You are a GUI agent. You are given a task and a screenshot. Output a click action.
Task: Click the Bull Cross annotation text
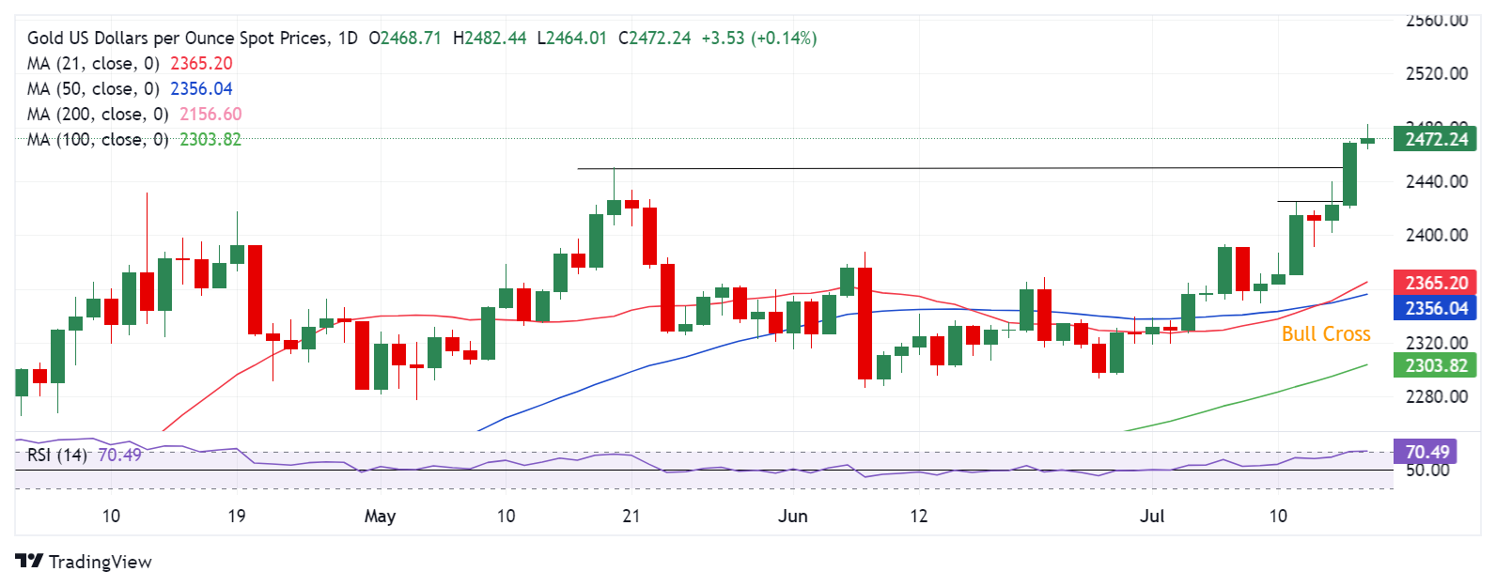1325,334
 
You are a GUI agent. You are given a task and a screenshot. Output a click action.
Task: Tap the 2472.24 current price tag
1435,140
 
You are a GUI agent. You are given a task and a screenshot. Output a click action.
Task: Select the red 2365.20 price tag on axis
1435,283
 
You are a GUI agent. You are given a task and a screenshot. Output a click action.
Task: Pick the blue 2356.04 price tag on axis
1435,308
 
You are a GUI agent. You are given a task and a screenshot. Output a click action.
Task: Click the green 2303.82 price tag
1435,365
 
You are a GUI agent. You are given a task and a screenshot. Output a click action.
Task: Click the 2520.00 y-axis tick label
1436,73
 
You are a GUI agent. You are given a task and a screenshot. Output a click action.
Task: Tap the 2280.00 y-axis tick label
1436,396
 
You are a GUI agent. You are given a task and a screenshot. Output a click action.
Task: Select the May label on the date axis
380,516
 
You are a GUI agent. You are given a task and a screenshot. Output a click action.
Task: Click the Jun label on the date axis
792,516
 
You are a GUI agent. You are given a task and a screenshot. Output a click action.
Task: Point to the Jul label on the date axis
1152,516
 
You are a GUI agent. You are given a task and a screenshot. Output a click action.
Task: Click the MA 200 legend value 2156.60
210,114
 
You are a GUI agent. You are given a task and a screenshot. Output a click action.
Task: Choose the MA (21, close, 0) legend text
93,63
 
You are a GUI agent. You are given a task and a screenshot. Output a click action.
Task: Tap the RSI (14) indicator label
57,455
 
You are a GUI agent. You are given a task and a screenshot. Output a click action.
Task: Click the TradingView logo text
100,562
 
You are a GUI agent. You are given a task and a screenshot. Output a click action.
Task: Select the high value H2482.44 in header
490,38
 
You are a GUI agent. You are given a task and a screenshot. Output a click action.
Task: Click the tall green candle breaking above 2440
1349,174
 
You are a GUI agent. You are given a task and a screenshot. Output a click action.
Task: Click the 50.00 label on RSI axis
1426,470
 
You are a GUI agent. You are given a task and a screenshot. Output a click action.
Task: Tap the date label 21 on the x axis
631,516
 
